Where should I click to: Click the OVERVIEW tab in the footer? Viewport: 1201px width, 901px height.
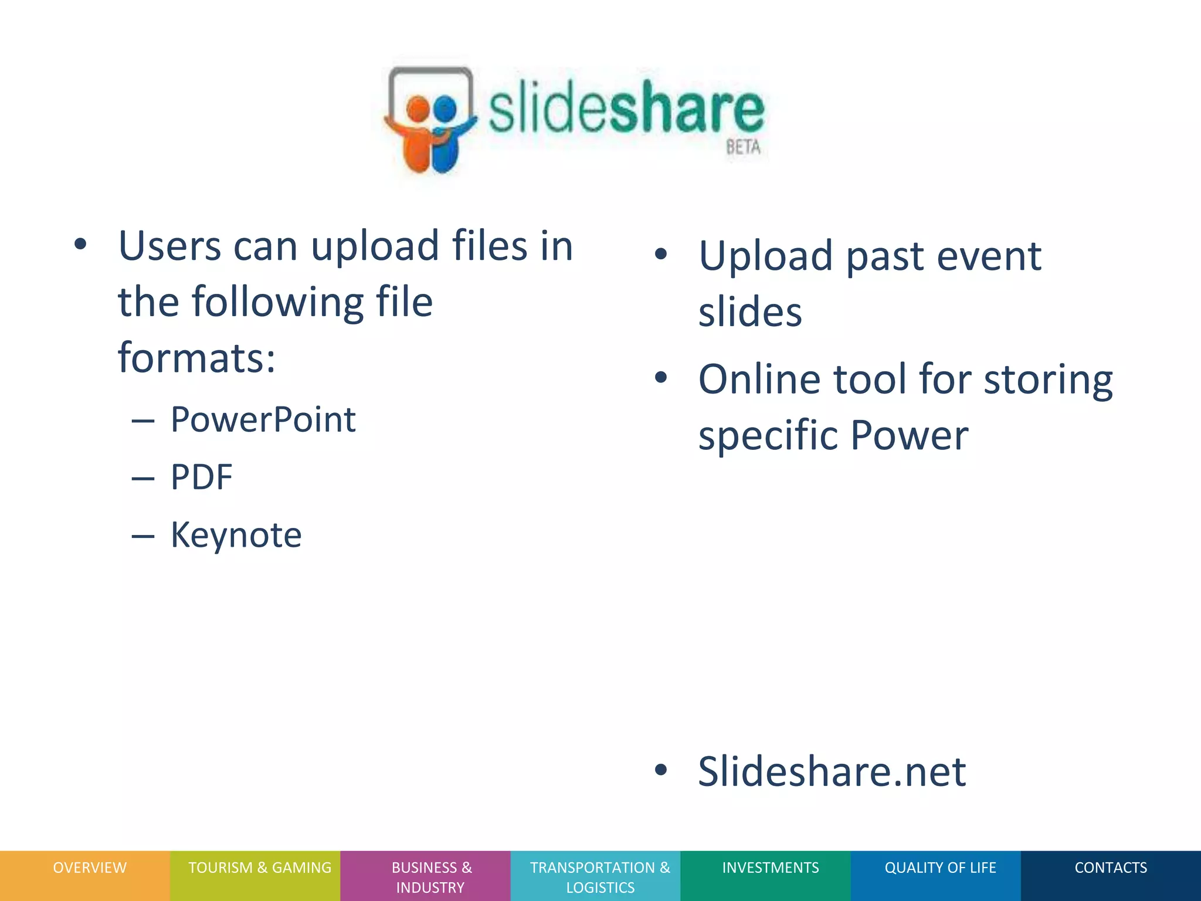[89, 868]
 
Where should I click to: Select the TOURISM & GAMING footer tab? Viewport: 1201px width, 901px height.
[259, 868]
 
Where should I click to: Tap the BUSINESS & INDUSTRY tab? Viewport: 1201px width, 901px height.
[431, 877]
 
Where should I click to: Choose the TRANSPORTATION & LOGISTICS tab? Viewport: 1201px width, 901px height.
[599, 877]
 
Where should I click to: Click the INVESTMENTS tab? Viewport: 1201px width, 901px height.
[770, 868]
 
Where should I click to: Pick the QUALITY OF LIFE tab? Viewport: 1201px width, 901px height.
[940, 868]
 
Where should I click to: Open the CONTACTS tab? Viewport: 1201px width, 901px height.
[1110, 868]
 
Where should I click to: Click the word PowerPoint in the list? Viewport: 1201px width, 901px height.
[263, 420]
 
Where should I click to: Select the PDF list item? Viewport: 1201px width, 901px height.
[201, 477]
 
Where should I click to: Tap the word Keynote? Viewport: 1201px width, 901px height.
[236, 535]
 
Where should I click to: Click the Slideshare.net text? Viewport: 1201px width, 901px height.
[832, 771]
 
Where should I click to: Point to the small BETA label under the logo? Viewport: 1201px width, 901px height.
[743, 147]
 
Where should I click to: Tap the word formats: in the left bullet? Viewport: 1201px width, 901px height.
[196, 358]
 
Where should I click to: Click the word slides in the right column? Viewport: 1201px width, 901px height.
[749, 312]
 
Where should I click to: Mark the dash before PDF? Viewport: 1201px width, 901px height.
[143, 479]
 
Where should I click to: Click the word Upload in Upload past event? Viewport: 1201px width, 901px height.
[765, 256]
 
